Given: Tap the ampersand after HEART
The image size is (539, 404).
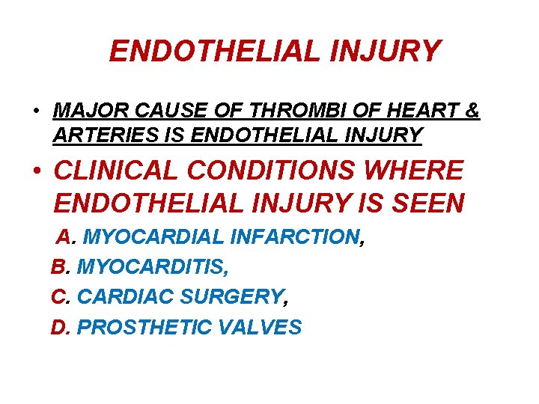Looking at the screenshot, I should (472, 111).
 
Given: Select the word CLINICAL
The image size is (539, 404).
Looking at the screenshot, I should (117, 171).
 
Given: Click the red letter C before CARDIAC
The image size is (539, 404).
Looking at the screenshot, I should (59, 297).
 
